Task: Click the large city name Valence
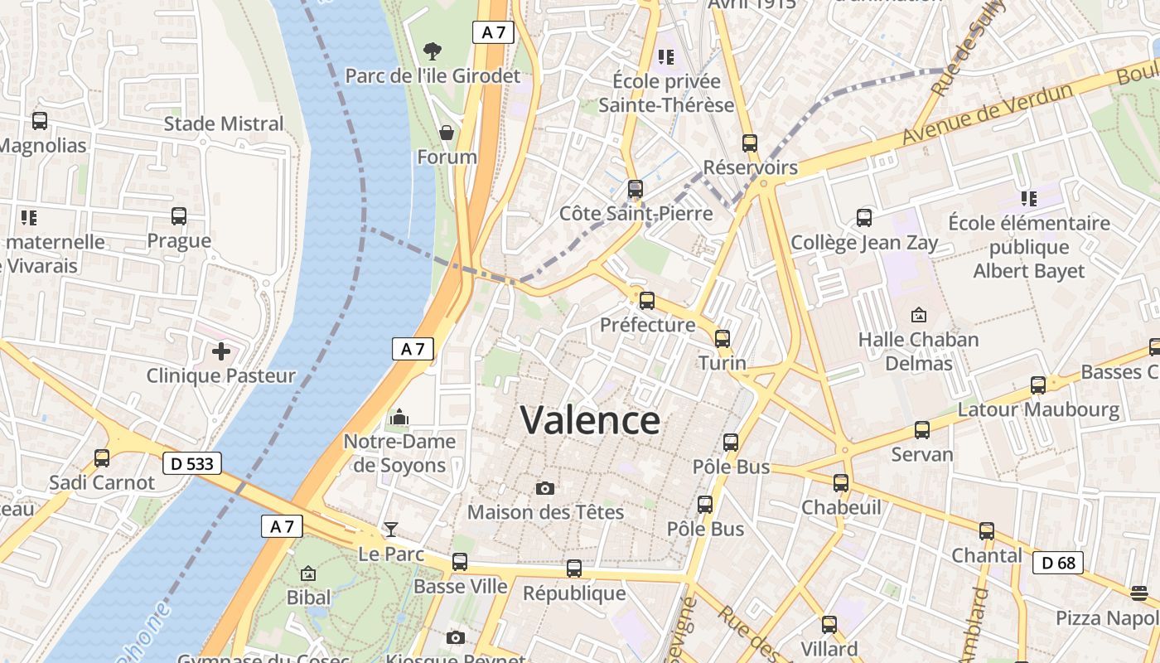point(590,420)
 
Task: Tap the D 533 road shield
point(191,463)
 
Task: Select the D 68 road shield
point(1058,564)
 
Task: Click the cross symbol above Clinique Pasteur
point(221,351)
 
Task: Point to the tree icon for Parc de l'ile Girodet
point(432,51)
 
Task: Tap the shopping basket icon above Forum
point(447,133)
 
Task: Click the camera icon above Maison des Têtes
point(544,488)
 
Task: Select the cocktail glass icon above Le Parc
point(390,529)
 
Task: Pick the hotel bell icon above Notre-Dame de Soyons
point(399,417)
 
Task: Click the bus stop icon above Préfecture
point(646,300)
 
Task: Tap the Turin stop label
point(722,363)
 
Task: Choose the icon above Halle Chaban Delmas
point(918,315)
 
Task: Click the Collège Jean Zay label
point(864,243)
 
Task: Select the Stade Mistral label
point(224,123)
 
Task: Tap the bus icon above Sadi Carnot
point(102,457)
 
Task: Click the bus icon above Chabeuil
point(841,482)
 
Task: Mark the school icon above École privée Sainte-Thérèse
point(666,57)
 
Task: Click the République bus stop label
point(574,593)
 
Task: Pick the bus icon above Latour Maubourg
point(1038,385)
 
